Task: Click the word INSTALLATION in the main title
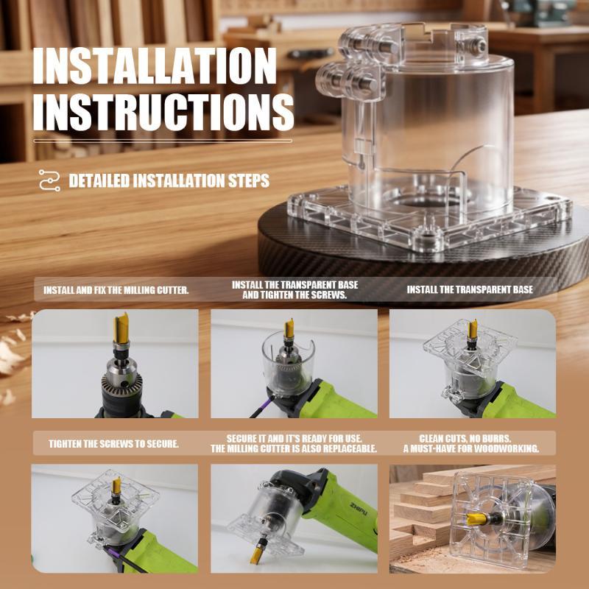coord(155,66)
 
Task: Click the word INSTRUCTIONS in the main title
coord(163,113)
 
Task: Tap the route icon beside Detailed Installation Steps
coord(49,180)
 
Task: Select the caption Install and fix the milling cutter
coord(116,290)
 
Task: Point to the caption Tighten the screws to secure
coord(114,444)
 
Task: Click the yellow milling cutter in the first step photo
coord(121,328)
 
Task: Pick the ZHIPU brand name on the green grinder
coord(359,508)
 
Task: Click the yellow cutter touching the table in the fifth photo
coord(258,553)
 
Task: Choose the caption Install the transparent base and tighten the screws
coord(294,289)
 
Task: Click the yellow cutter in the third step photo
coord(473,328)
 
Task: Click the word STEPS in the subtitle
coord(249,180)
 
